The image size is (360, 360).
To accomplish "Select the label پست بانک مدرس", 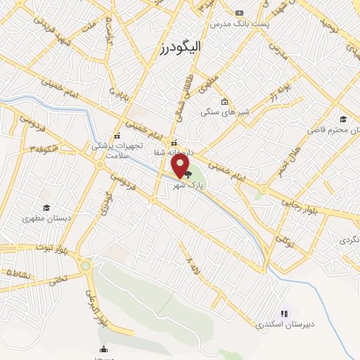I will coord(238,24).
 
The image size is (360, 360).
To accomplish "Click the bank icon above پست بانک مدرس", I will coord(240,13).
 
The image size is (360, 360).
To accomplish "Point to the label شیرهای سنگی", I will coord(220,112).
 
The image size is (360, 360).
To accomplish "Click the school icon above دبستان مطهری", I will coord(46,207).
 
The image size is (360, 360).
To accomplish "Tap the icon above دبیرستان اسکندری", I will coord(284,314).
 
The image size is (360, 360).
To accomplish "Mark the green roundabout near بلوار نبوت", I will coord(86,266).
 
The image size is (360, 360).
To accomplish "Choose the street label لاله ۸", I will coord(190,267).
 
